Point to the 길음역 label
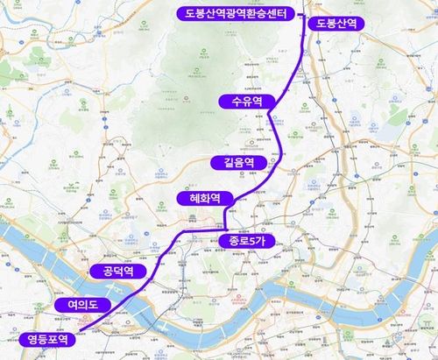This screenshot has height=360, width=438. (x=237, y=162)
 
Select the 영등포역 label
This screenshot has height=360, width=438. (x=46, y=339)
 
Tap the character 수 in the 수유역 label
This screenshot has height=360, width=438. (x=232, y=102)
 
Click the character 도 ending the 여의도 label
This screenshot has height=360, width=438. (x=97, y=304)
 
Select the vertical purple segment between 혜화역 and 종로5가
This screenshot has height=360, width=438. (x=225, y=218)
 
